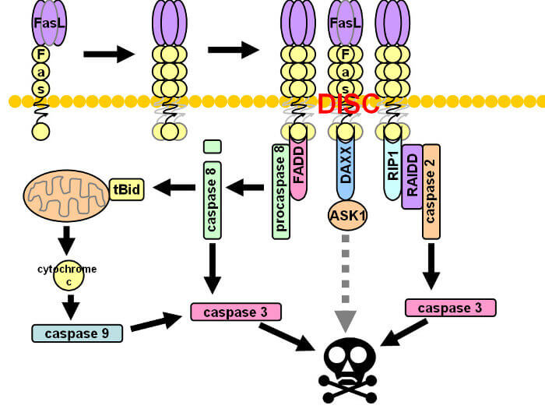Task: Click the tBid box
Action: tap(126, 189)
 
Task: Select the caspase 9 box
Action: tap(77, 333)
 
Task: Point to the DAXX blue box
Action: tap(346, 169)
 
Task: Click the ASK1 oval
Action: tap(347, 215)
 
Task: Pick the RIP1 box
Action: tap(392, 169)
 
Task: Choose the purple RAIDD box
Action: tap(412, 177)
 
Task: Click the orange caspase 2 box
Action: tap(431, 192)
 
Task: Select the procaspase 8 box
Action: tap(281, 192)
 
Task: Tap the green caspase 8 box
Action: tap(213, 200)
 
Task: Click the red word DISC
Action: tap(348, 104)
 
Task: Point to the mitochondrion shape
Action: tap(66, 196)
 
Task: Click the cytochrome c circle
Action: tap(69, 276)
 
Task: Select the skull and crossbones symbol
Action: tap(348, 371)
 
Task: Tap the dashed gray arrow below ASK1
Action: tap(346, 284)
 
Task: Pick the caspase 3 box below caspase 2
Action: tap(451, 308)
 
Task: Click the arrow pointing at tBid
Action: tap(174, 188)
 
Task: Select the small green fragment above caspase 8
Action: tap(213, 146)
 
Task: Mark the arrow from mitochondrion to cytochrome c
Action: tap(67, 241)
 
